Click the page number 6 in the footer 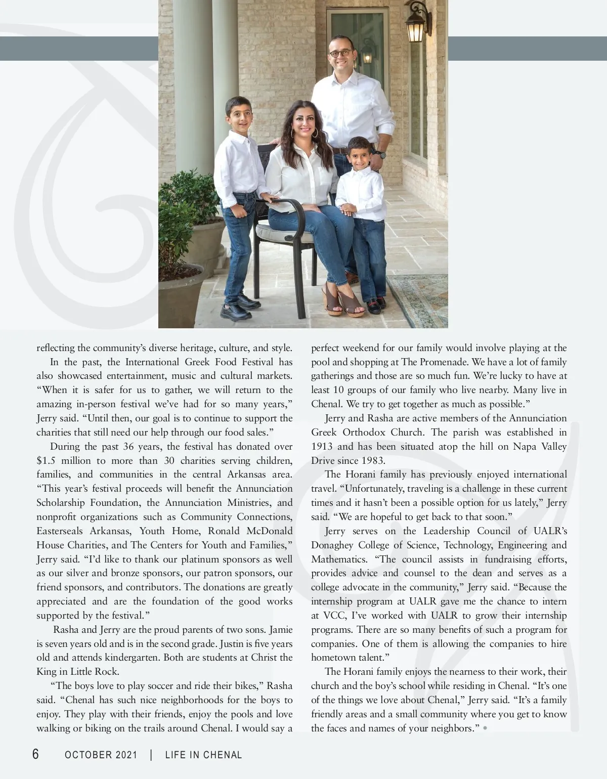pyautogui.click(x=35, y=755)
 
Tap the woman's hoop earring pyautogui.click(x=315, y=135)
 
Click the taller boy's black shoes pyautogui.click(x=241, y=304)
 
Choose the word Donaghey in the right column pyautogui.click(x=332, y=545)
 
